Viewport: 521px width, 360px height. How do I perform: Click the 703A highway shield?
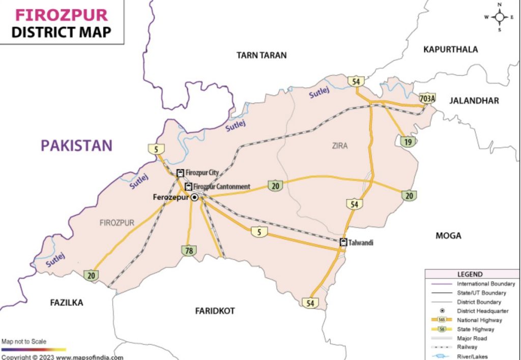(427, 98)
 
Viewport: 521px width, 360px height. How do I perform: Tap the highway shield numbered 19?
(407, 142)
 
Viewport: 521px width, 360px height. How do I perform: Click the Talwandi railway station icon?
(343, 243)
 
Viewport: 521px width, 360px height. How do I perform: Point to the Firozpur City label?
(202, 173)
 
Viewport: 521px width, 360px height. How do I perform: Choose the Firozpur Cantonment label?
(222, 187)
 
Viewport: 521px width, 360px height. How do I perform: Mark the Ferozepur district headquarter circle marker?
(194, 198)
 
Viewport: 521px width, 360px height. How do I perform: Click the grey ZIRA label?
(339, 146)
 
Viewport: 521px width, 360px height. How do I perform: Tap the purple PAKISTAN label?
(76, 145)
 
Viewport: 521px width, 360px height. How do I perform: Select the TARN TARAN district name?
(262, 55)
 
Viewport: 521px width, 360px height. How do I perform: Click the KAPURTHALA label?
(450, 49)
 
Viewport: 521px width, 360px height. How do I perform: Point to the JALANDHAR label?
(474, 101)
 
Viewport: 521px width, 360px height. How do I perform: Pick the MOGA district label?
(448, 235)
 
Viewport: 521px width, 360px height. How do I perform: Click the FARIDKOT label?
(215, 310)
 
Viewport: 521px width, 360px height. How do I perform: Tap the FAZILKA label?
(66, 303)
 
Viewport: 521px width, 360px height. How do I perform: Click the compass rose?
(499, 17)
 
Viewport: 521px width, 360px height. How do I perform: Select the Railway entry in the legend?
(467, 347)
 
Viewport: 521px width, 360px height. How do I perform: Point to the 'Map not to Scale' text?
(24, 342)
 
